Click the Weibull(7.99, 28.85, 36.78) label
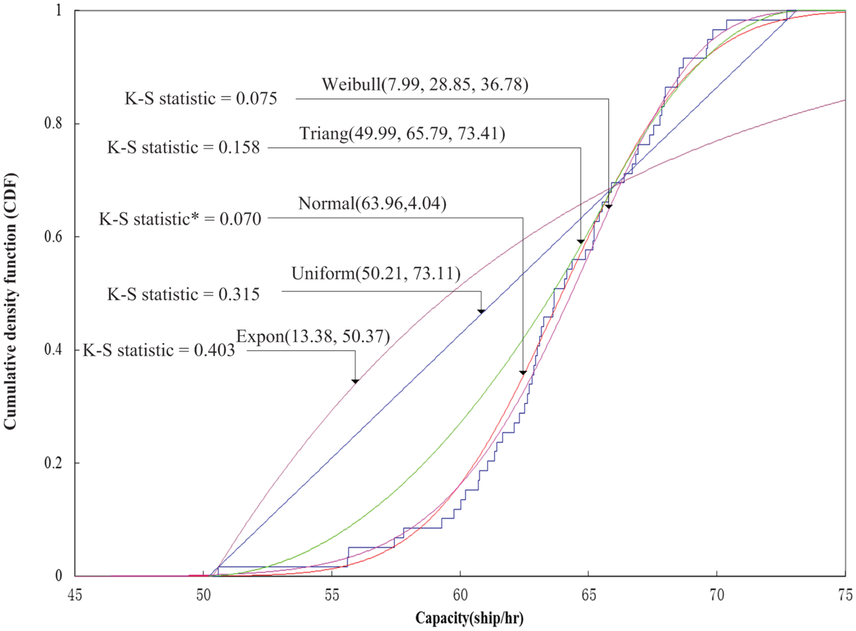pyautogui.click(x=425, y=84)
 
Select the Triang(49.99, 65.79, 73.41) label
pyautogui.click(x=402, y=133)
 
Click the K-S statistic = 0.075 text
pyautogui.click(x=201, y=98)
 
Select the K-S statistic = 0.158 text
pyautogui.click(x=183, y=147)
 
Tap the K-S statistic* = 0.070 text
pyautogui.click(x=180, y=219)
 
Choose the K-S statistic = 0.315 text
pyautogui.click(x=183, y=295)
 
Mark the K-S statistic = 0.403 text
pyautogui.click(x=158, y=350)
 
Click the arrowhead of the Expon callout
pyautogui.click(x=355, y=381)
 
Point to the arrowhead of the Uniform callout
pyautogui.click(x=481, y=311)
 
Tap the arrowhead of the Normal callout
pyautogui.click(x=523, y=372)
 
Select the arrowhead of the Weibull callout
pyautogui.click(x=608, y=207)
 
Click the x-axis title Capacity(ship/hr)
pyautogui.click(x=469, y=618)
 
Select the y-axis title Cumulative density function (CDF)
pyautogui.click(x=10, y=301)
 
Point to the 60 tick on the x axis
pyautogui.click(x=460, y=594)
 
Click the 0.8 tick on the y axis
pyautogui.click(x=53, y=124)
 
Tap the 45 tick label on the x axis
pyautogui.click(x=75, y=594)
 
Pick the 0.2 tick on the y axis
pyautogui.click(x=53, y=463)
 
